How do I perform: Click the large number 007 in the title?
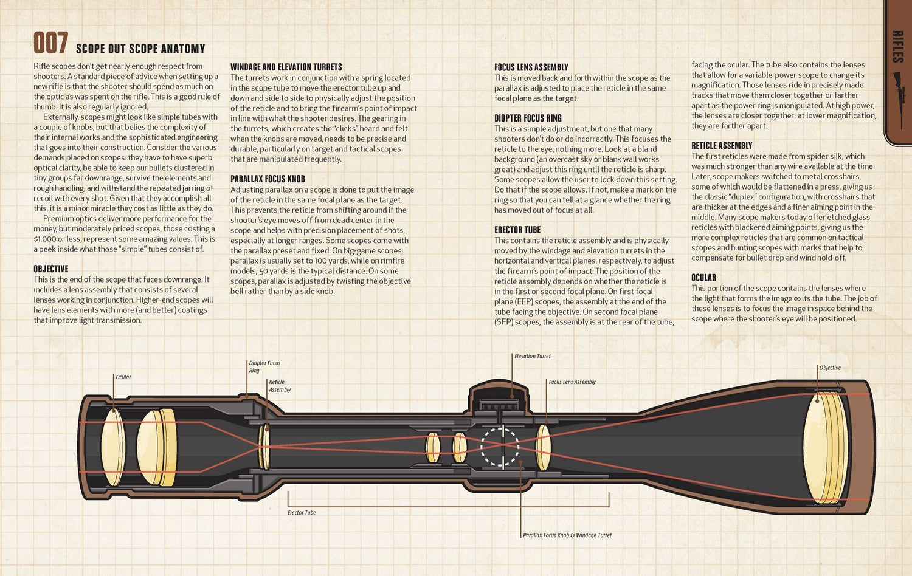pyautogui.click(x=50, y=43)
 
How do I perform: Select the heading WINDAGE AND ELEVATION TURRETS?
pyautogui.click(x=286, y=67)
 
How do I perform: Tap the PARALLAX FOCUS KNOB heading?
pyautogui.click(x=268, y=179)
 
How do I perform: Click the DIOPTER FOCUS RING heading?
pyautogui.click(x=528, y=118)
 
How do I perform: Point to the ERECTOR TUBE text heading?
pyautogui.click(x=517, y=230)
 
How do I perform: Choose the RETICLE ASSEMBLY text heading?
pyautogui.click(x=722, y=145)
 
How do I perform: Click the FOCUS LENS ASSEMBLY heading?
pyautogui.click(x=531, y=67)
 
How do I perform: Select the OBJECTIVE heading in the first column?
pyautogui.click(x=51, y=269)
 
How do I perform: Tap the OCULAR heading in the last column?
pyautogui.click(x=703, y=277)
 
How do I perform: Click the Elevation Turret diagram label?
pyautogui.click(x=532, y=356)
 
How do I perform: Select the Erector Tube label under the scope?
pyautogui.click(x=302, y=513)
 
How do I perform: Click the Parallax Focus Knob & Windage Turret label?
pyautogui.click(x=567, y=535)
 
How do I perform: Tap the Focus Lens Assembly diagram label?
pyautogui.click(x=572, y=382)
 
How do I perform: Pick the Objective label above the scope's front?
pyautogui.click(x=829, y=368)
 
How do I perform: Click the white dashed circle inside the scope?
pyautogui.click(x=500, y=447)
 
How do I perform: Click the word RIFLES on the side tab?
pyautogui.click(x=897, y=47)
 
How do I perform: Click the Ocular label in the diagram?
pyautogui.click(x=123, y=377)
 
